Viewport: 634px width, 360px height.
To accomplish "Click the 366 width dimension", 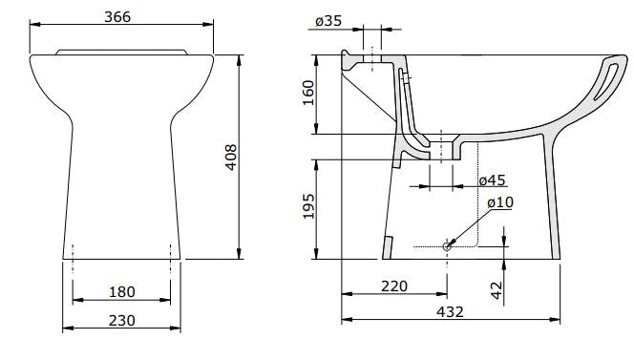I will coord(117,16).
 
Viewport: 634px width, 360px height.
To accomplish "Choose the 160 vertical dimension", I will coord(308,93).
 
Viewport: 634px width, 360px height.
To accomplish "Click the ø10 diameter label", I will coord(499,203).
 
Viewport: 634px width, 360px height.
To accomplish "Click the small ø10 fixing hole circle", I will coord(447,245).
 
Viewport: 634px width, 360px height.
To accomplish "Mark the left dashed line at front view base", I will coord(72,251).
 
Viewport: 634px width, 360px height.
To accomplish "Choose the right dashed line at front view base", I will coord(170,251).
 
